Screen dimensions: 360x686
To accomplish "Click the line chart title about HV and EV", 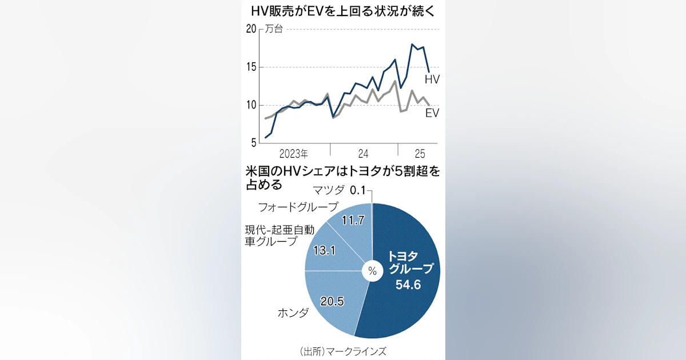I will coord(342,12).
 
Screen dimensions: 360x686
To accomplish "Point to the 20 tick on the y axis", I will coord(252,30).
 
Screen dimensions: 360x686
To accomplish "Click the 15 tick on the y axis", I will coord(252,67).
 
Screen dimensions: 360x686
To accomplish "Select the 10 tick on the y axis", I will coord(252,105).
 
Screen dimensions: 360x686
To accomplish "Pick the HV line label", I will coord(432,79).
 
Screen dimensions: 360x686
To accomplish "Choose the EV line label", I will coord(432,113).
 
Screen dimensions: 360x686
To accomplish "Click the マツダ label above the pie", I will coord(330,190).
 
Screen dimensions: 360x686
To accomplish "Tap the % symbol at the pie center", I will coord(372,271).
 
